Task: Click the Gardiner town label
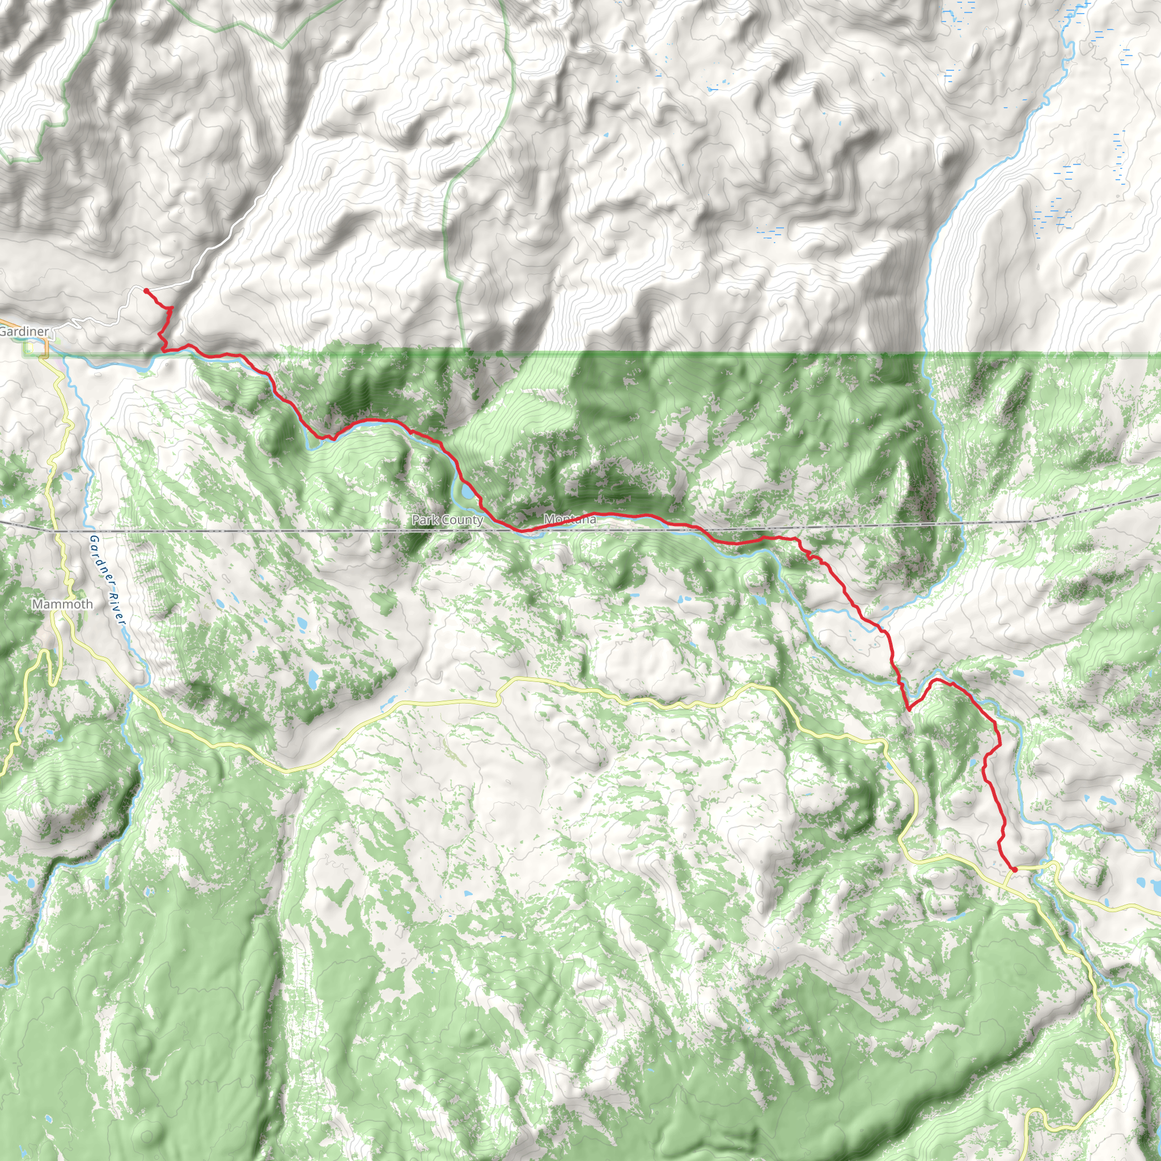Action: [x=24, y=331]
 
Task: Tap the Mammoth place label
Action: [x=62, y=604]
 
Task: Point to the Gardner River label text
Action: [x=107, y=580]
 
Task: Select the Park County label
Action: [x=447, y=520]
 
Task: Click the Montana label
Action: [x=570, y=519]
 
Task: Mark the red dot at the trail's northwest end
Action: [x=146, y=291]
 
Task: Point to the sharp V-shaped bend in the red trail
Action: [x=909, y=709]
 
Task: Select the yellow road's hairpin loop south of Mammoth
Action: [x=43, y=655]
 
